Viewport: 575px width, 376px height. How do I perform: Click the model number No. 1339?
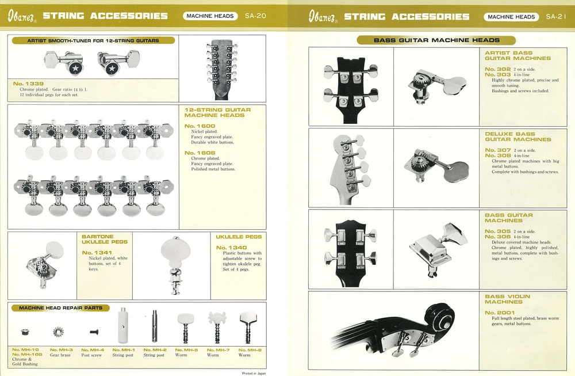tap(28, 83)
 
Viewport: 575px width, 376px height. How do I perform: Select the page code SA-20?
tap(255, 16)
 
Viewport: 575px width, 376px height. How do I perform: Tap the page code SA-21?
tap(556, 17)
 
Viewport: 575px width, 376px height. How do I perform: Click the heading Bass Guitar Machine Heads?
tap(436, 40)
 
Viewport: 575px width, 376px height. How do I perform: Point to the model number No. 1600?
tap(200, 126)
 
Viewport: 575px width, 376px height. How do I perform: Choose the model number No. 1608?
tap(200, 153)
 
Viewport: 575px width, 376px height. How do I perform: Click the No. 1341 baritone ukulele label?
tap(97, 253)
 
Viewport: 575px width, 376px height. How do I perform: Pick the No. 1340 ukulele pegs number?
tap(231, 248)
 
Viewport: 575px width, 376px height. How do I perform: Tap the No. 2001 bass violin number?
tap(500, 313)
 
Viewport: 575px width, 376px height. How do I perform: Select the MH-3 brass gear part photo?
tap(58, 332)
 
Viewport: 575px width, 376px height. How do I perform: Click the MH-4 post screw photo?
tap(94, 332)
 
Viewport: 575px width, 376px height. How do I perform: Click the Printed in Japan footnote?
tap(254, 373)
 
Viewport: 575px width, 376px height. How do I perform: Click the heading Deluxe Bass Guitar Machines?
tap(518, 136)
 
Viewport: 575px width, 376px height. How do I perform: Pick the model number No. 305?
tap(497, 231)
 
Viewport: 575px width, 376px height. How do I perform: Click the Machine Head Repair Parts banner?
tap(60, 307)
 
